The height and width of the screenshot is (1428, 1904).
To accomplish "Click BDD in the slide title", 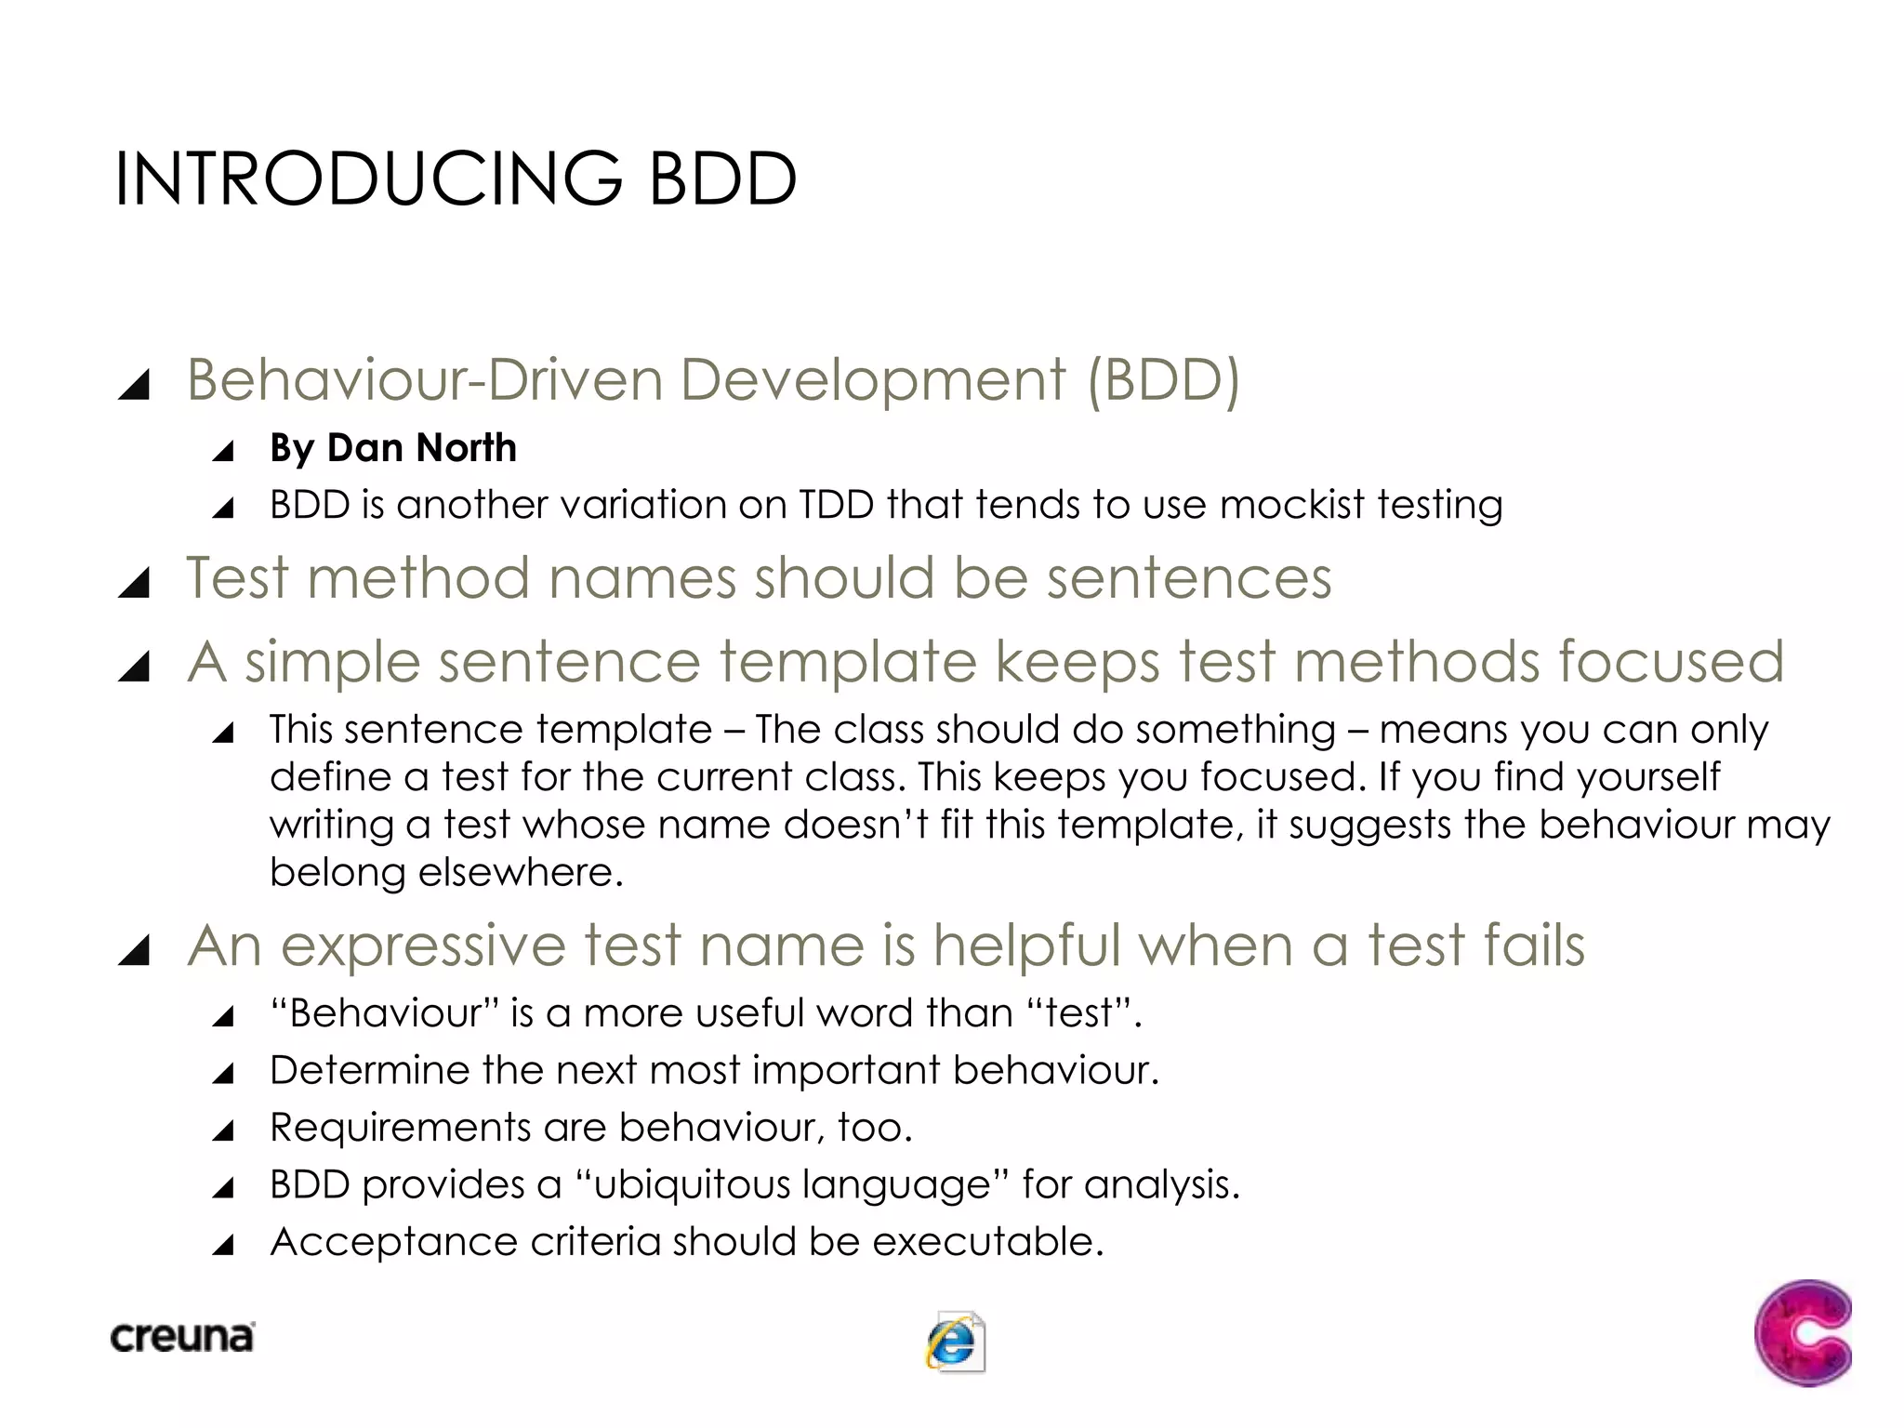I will (722, 178).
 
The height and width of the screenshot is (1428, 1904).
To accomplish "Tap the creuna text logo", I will (182, 1337).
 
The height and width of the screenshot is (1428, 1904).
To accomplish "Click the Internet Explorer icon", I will (955, 1342).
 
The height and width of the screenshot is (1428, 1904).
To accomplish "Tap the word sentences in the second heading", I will (1189, 578).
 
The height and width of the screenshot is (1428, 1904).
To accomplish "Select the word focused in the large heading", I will (1671, 662).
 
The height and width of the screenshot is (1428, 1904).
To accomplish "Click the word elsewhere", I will (520, 872).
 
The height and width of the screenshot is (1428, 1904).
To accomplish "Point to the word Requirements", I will (400, 1128).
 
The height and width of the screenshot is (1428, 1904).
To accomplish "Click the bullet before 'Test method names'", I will (135, 583).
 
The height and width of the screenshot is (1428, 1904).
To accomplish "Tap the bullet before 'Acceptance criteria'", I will (223, 1246).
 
